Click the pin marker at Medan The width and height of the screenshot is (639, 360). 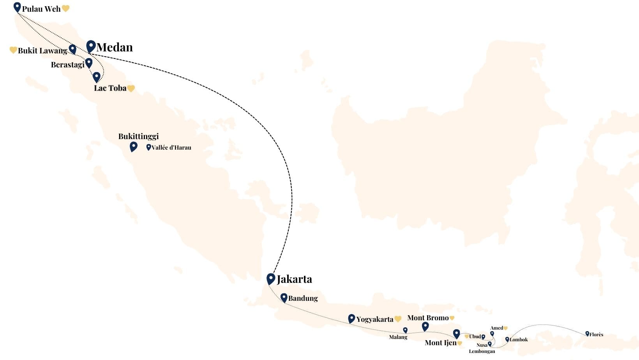[91, 46]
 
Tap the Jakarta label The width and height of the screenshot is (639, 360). [294, 279]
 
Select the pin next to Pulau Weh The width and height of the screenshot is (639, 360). [17, 7]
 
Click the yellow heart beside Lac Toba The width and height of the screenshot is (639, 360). [131, 88]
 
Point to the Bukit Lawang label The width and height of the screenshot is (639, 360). [42, 51]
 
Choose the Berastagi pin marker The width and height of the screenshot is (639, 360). [89, 62]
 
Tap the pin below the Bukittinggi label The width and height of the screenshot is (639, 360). [134, 146]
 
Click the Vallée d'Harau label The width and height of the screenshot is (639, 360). [171, 148]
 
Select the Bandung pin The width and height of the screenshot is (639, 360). [284, 298]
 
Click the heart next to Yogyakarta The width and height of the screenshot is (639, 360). [398, 319]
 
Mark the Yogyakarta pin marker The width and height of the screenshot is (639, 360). [351, 318]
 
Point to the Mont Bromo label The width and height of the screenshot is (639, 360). [428, 318]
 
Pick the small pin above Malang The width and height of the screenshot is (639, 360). [405, 330]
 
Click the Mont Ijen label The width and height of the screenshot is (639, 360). [440, 343]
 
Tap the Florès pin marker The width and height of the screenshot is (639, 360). [587, 334]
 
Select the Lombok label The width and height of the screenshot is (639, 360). [519, 340]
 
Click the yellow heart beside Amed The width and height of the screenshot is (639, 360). [505, 328]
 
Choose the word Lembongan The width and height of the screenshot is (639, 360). [482, 351]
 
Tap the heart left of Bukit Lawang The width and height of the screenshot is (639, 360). [13, 50]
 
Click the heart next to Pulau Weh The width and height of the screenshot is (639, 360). [66, 9]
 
